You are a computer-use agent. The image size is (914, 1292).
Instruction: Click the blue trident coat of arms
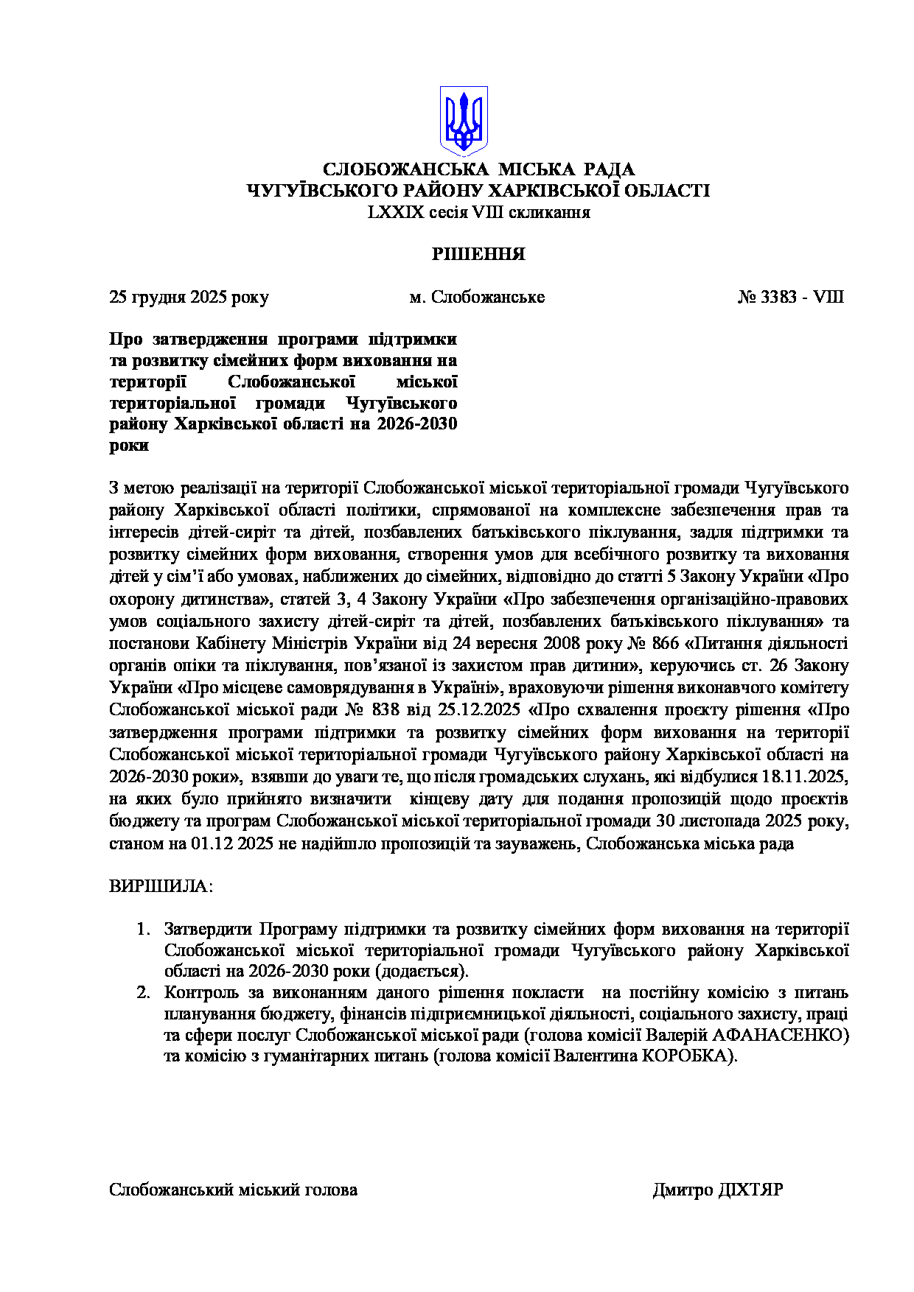pyautogui.click(x=464, y=121)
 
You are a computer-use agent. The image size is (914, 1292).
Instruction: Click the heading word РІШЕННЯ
pyautogui.click(x=478, y=255)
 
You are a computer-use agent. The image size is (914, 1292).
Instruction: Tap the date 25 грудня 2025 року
pyautogui.click(x=189, y=298)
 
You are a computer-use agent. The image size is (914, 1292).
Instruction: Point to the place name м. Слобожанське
pyautogui.click(x=477, y=298)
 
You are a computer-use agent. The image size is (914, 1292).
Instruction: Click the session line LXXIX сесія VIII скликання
pyautogui.click(x=479, y=213)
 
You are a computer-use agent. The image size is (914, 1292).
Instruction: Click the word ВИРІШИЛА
pyautogui.click(x=160, y=886)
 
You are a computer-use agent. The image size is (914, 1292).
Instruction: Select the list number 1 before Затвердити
pyautogui.click(x=142, y=930)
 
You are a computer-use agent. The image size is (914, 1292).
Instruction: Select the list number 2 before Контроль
pyautogui.click(x=142, y=993)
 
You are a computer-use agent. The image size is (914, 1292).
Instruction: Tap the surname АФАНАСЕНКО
pyautogui.click(x=780, y=1036)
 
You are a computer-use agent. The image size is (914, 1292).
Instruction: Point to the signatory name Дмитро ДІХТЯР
pyautogui.click(x=717, y=1190)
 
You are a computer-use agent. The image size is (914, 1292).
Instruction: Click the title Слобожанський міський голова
pyautogui.click(x=233, y=1190)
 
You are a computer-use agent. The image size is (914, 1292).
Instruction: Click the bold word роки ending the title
pyautogui.click(x=129, y=446)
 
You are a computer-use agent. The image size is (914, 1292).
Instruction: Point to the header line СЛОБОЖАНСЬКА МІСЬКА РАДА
pyautogui.click(x=478, y=170)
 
